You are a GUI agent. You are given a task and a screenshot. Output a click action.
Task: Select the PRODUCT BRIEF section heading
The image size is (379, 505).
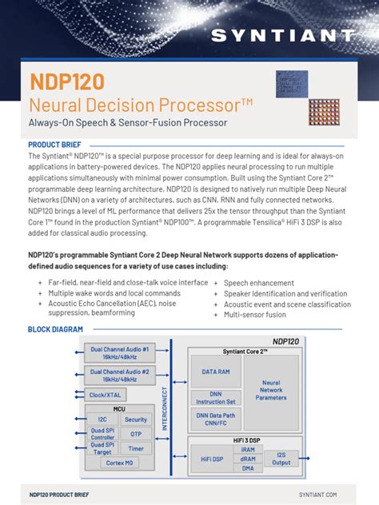pos(58,144)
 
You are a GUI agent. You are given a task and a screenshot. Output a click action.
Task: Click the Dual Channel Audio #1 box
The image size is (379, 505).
pos(119,353)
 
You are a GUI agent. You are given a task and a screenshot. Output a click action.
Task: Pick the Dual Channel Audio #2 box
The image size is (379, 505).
pos(119,376)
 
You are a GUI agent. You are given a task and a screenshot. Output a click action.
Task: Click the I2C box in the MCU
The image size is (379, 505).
pos(102,420)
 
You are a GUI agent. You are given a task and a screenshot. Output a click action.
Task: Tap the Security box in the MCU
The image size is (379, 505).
pos(136,420)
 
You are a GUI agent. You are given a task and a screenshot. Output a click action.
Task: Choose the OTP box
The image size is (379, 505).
pos(136,434)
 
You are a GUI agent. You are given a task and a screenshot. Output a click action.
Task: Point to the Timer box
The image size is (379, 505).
pos(136,449)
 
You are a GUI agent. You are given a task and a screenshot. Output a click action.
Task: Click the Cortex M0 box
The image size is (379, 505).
pos(118,463)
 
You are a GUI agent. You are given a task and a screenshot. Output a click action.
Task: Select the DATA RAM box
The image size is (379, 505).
pos(215,372)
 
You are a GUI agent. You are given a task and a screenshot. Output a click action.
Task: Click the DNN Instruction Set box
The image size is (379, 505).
pos(215,397)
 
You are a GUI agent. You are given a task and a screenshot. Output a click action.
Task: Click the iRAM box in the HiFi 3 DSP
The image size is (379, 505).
pos(248,449)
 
